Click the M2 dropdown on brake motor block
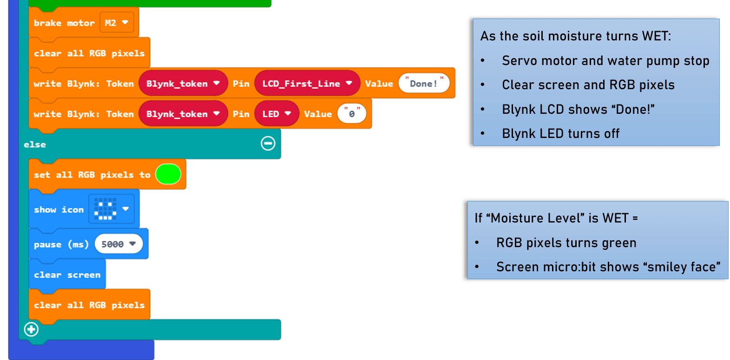tap(116, 23)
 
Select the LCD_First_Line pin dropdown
tap(307, 84)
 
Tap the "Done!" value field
tap(424, 84)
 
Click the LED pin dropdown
tap(276, 114)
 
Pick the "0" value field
tap(352, 114)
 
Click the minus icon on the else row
tap(268, 144)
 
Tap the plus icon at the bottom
tap(31, 329)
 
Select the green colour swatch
tap(168, 174)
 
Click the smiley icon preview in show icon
tap(105, 209)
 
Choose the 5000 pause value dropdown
tap(118, 244)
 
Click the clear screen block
tap(67, 275)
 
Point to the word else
tap(35, 144)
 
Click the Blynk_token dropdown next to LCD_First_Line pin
tap(183, 84)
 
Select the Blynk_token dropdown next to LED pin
tap(183, 114)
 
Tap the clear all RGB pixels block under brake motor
tap(89, 53)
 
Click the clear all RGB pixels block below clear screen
tap(89, 305)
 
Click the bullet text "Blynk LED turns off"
tap(560, 134)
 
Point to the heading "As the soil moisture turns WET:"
tap(575, 36)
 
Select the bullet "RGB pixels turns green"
tap(566, 243)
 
